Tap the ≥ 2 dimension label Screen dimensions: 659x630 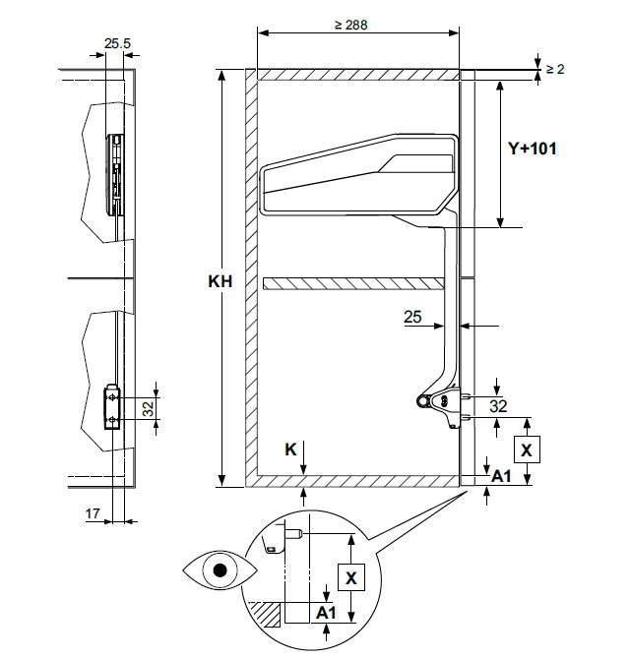click(555, 68)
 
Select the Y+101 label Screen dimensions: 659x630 click(532, 149)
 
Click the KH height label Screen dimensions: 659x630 click(220, 281)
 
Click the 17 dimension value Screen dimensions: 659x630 click(93, 513)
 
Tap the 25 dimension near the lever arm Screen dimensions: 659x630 click(413, 317)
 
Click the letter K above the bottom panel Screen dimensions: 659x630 click(290, 449)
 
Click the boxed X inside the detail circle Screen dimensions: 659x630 click(349, 575)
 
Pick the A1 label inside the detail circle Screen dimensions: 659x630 click(326, 612)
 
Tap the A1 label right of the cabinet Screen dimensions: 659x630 click(503, 476)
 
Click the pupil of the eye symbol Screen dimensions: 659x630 click(220, 569)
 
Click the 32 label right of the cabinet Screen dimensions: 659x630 click(498, 405)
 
